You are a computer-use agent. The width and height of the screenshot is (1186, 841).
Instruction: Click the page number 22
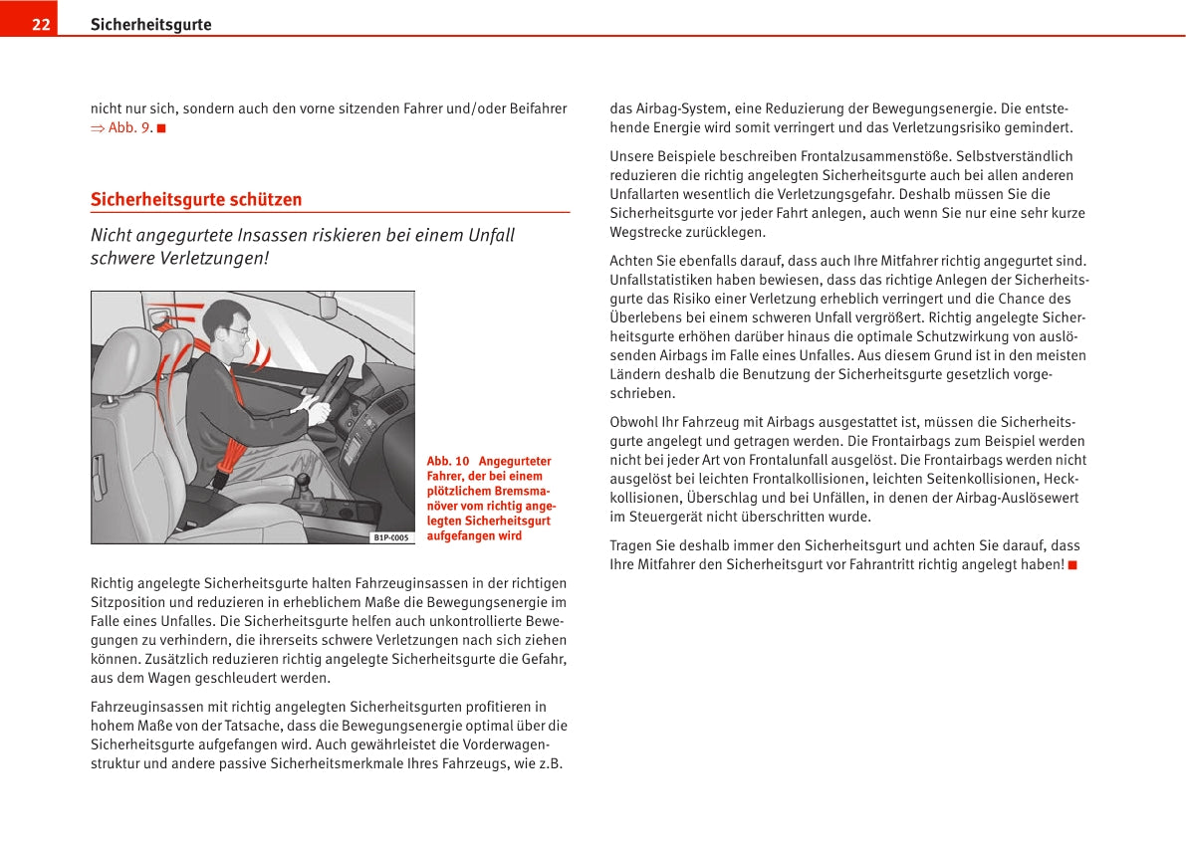41,25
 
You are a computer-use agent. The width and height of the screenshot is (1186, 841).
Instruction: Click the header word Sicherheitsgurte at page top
150,25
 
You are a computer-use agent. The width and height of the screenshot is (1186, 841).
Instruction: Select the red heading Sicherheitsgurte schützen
196,199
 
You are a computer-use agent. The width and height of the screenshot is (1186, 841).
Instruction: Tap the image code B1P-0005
390,537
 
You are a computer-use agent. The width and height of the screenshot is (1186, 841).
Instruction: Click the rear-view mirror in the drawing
327,305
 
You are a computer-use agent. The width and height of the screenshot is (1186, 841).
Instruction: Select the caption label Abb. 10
447,461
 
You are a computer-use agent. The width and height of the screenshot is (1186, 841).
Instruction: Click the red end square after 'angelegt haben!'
1071,565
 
